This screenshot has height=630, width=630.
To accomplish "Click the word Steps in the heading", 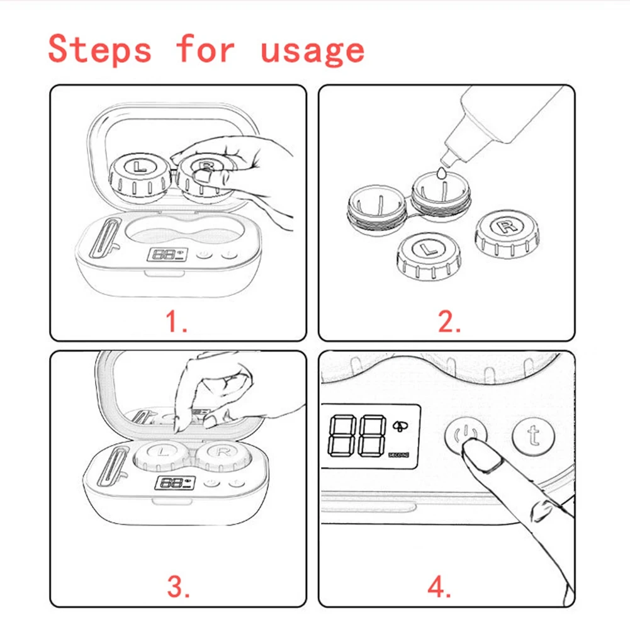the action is tap(99, 49).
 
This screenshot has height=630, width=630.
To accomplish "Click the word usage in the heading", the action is tap(313, 52).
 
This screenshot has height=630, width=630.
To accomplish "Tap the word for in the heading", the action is tap(205, 48).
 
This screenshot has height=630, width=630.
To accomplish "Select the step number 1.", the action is tap(176, 322).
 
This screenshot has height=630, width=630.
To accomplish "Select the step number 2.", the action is tap(449, 322).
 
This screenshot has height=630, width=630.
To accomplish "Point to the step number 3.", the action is tap(179, 587).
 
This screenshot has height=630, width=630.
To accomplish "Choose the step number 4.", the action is tap(439, 587).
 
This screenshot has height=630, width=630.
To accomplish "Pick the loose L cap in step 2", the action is tap(429, 256).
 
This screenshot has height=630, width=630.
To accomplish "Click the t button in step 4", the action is tap(533, 436).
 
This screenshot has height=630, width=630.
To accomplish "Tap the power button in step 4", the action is tap(466, 435).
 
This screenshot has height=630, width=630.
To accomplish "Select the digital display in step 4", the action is tap(371, 437).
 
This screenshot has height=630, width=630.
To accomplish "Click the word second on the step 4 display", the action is tap(398, 454).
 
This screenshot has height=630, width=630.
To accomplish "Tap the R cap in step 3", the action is tap(223, 456).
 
